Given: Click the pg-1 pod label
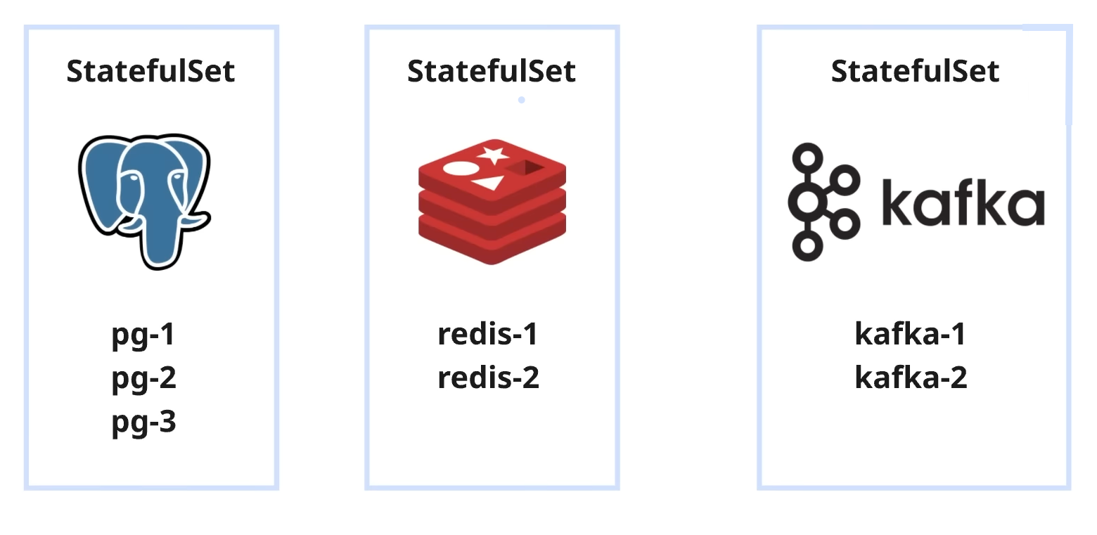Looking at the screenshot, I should (x=143, y=335).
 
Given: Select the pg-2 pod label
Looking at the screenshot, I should (x=143, y=378).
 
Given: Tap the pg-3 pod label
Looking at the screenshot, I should (x=143, y=423).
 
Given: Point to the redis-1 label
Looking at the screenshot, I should (x=488, y=334).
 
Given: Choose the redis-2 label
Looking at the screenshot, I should (x=488, y=378).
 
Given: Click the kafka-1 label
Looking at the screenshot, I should (x=911, y=334).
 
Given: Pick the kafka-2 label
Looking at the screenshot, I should (x=911, y=378).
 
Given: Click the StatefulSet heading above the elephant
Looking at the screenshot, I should (x=151, y=71).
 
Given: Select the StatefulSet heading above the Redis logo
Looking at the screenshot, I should (x=492, y=71).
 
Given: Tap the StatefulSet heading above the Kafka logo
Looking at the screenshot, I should (x=915, y=71).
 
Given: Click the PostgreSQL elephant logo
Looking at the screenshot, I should (x=145, y=200).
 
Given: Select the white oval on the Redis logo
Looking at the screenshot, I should (x=461, y=169).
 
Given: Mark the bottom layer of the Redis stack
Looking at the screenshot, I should (x=492, y=239).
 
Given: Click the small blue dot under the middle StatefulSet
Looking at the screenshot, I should (x=521, y=100).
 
